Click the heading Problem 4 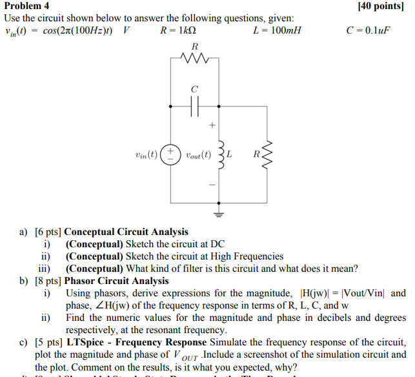pos(28,6)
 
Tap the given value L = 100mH pos(278,30)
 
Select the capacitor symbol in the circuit pos(195,104)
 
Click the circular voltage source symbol pos(171,155)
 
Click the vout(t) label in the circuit pos(197,155)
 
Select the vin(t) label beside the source pos(147,155)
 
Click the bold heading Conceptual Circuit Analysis pos(127,232)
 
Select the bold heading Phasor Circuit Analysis pos(117,281)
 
